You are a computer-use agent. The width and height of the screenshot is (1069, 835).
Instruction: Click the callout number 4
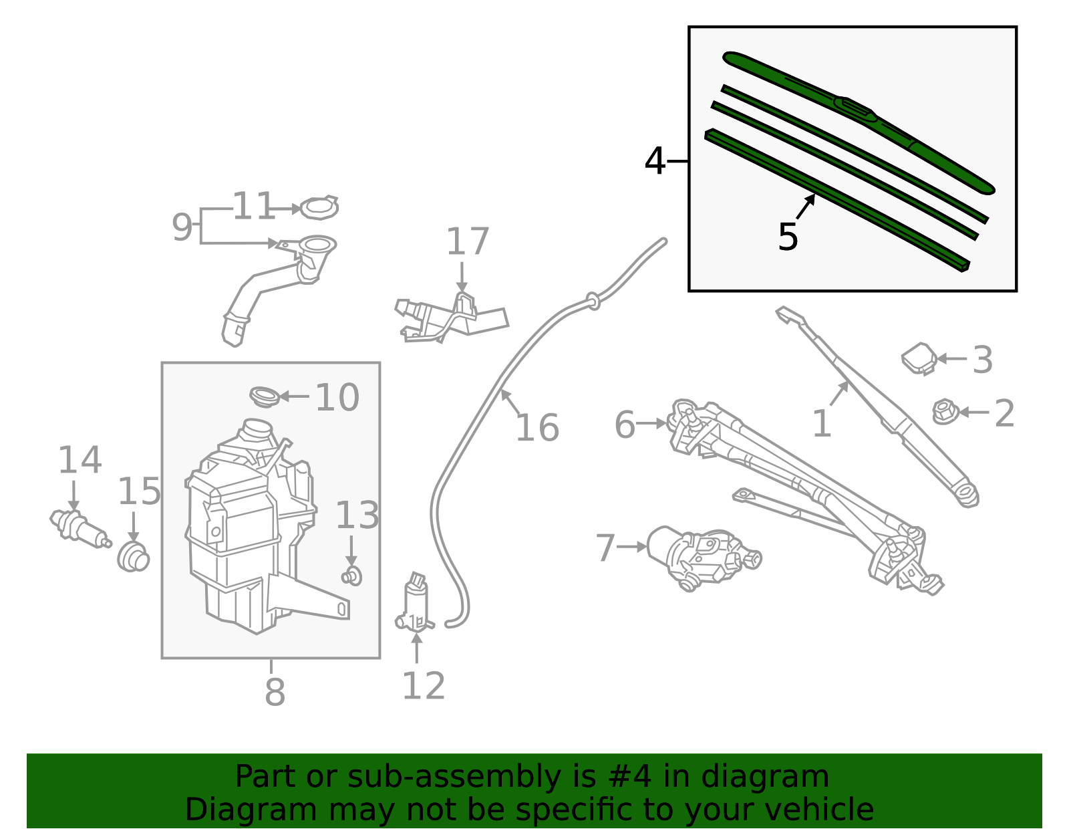655,162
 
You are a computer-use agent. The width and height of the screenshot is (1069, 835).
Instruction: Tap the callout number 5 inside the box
788,237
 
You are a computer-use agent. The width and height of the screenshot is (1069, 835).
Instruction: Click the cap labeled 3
919,358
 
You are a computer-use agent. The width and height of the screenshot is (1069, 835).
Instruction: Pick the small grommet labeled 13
352,575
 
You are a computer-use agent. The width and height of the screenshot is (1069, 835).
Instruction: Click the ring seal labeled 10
264,396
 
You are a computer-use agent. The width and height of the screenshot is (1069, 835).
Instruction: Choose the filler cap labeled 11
319,208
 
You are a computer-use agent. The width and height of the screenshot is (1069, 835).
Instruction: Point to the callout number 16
537,428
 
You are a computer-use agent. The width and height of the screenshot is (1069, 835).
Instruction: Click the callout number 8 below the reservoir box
275,693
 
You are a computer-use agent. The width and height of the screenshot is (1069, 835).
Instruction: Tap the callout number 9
182,227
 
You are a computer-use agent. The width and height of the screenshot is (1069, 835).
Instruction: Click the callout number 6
625,425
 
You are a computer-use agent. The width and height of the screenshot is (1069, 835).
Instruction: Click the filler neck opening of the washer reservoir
257,428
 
